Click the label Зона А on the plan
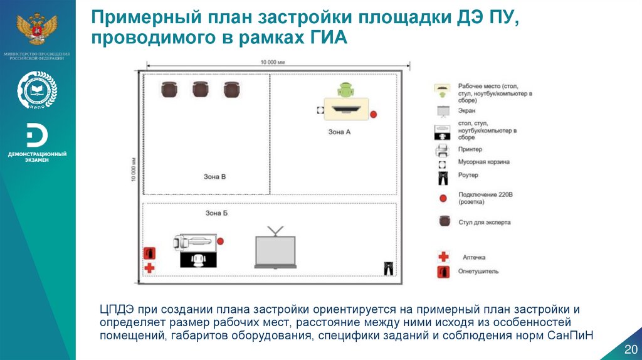pos(339,132)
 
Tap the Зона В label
pos(214,176)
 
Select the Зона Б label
pos(216,213)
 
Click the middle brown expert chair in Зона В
pos(200,90)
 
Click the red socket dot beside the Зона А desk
pos(374,115)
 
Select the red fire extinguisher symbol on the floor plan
pos(149,253)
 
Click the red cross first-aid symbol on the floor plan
pos(149,268)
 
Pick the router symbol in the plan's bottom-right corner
pos(388,268)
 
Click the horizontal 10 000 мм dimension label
pos(272,62)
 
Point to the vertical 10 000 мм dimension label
pos(133,169)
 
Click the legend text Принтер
pos(470,149)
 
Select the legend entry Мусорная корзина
pos(483,162)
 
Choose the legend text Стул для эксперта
pos(484,222)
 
